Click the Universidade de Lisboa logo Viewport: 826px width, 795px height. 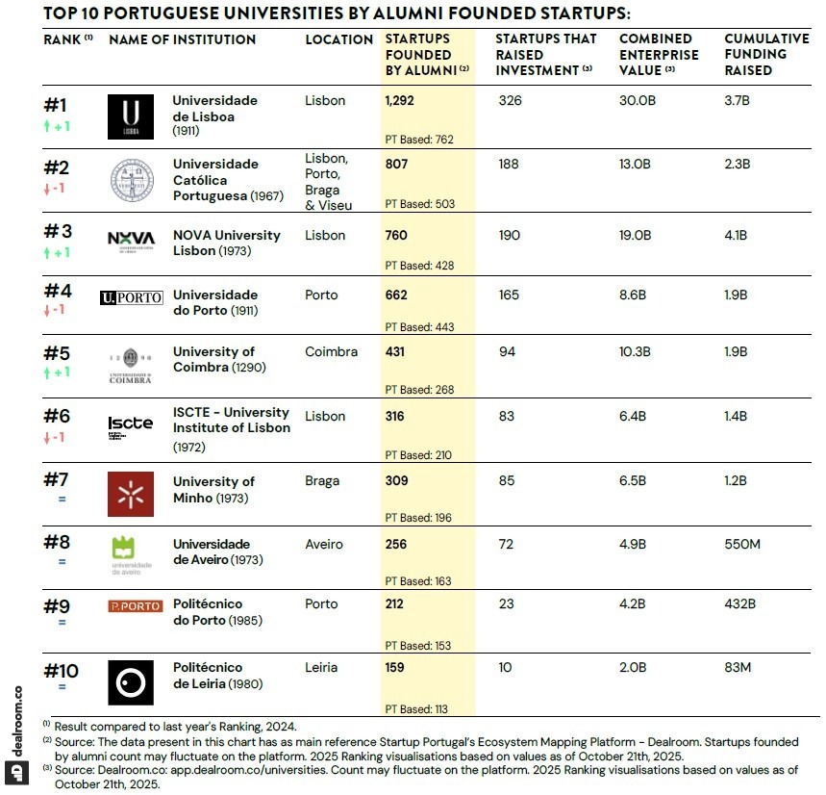click(x=131, y=116)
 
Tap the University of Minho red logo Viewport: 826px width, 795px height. click(x=131, y=495)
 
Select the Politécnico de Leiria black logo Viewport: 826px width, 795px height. click(x=131, y=682)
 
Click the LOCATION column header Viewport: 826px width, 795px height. click(x=338, y=40)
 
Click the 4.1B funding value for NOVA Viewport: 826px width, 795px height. click(x=736, y=235)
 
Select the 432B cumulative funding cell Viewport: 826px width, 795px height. click(x=741, y=604)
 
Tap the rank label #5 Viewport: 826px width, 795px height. click(x=58, y=353)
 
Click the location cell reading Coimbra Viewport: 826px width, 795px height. click(x=331, y=352)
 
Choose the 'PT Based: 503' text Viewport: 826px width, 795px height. click(x=419, y=204)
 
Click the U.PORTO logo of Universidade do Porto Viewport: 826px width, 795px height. click(x=132, y=297)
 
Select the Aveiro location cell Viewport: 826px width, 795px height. click(x=324, y=545)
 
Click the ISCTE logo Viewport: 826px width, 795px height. click(x=131, y=427)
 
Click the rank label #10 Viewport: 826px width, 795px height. click(x=63, y=670)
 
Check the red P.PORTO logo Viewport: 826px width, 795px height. click(x=135, y=606)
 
